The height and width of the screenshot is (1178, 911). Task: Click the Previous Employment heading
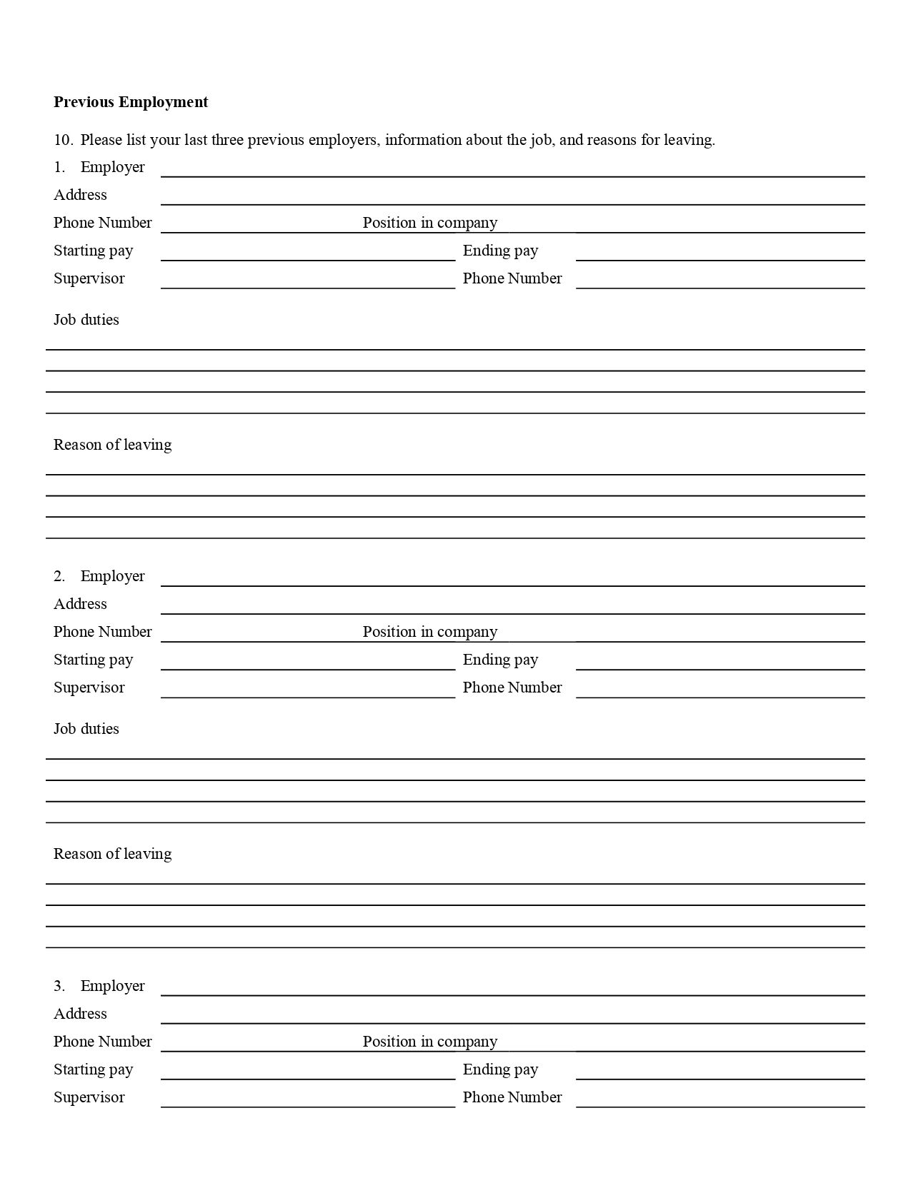coord(131,102)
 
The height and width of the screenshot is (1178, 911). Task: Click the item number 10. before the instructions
coord(63,140)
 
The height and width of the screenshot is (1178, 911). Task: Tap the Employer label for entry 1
coord(112,167)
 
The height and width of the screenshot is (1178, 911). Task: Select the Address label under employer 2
coord(80,604)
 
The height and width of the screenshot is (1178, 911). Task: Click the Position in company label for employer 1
coord(429,223)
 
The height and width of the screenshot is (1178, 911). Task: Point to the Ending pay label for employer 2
coord(500,660)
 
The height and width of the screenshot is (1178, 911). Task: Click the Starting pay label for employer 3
coord(93,1069)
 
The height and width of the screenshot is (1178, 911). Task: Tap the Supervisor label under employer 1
coord(89,278)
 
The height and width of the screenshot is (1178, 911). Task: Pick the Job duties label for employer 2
coord(86,729)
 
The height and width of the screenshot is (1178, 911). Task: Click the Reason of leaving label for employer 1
coord(112,445)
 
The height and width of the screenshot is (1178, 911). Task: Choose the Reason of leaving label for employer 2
coord(112,854)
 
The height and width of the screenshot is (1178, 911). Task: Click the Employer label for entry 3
coord(112,986)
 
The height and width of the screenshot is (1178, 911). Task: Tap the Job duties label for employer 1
coord(86,320)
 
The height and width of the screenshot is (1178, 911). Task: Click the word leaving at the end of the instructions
coord(689,140)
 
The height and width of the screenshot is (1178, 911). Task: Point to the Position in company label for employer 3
coord(429,1042)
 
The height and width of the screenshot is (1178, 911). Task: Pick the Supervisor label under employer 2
coord(89,688)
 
